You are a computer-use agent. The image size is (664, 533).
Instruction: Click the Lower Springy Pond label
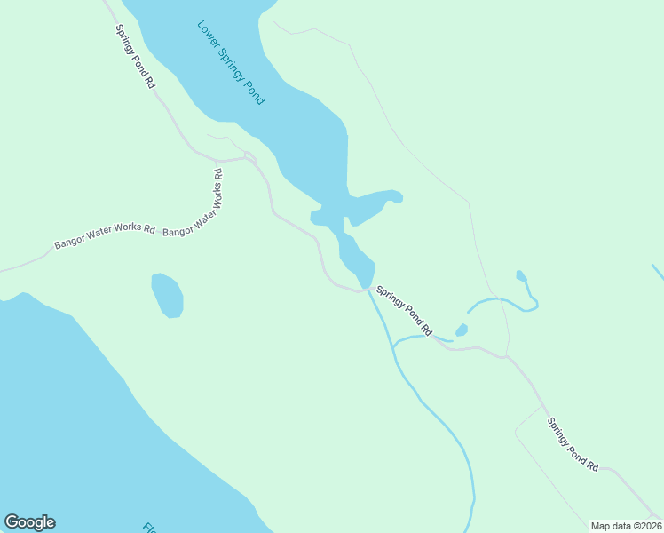click(230, 61)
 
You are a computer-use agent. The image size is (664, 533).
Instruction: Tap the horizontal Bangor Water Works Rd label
click(105, 236)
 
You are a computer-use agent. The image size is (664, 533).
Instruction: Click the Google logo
click(29, 522)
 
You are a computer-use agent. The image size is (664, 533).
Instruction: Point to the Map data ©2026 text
click(626, 526)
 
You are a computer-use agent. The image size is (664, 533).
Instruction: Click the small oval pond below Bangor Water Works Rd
click(167, 295)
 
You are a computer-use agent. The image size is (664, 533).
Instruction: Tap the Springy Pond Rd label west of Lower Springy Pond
click(135, 55)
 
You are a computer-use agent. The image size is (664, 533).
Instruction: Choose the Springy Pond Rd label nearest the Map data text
click(573, 444)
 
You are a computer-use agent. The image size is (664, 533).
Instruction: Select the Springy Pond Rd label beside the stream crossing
click(404, 310)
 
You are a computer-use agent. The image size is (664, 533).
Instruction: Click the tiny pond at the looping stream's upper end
click(521, 276)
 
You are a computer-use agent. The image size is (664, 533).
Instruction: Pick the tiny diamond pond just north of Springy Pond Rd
click(462, 330)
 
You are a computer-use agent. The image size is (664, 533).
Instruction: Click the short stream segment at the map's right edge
click(658, 271)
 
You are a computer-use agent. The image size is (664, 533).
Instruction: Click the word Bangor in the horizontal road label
click(70, 242)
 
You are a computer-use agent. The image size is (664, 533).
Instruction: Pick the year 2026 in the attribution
click(648, 526)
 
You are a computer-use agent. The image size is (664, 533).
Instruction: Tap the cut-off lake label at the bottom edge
click(147, 528)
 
